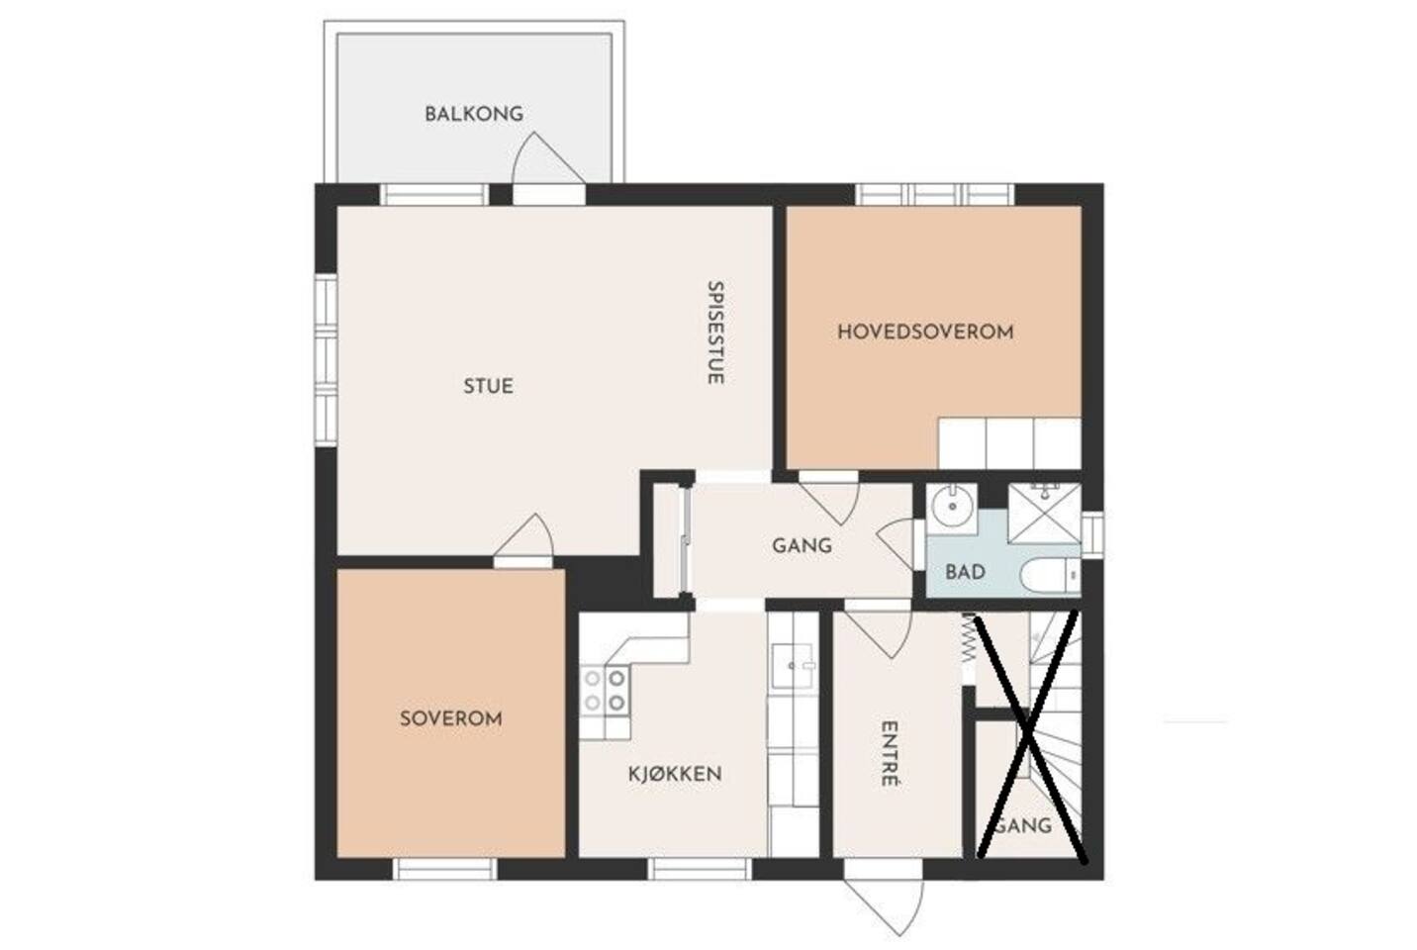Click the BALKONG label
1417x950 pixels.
tap(474, 114)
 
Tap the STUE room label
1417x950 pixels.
tap(489, 386)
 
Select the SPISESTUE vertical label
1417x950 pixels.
tap(715, 332)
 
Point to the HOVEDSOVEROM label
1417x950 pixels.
tap(925, 332)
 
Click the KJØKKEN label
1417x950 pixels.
tap(675, 774)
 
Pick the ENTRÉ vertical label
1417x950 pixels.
tap(890, 754)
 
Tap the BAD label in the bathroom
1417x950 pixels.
tap(966, 572)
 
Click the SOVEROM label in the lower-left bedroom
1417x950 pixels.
tap(451, 718)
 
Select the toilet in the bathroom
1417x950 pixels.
tap(1050, 576)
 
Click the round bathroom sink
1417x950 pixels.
tap(952, 508)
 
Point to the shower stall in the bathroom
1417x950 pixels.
tap(1044, 515)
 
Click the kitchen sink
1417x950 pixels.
tap(792, 666)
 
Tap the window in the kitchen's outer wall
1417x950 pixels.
tap(700, 869)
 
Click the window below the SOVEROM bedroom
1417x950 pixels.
tap(444, 869)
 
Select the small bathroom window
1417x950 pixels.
tap(1092, 534)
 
